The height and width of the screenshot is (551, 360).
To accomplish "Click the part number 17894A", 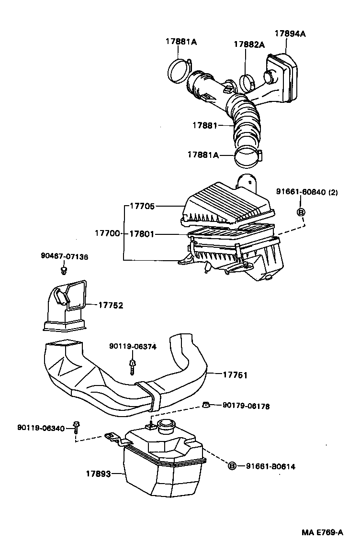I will click(x=290, y=33).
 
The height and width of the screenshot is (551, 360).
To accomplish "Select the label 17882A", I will click(x=249, y=44).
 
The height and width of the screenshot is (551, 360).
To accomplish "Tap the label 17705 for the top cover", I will click(x=142, y=207).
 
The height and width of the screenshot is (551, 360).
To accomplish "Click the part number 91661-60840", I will click(x=302, y=192).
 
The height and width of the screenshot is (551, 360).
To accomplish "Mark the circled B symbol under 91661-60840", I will click(x=302, y=212).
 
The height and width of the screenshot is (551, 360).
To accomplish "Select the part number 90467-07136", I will click(x=64, y=257).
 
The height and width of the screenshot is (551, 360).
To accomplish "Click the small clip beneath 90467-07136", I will click(x=63, y=271).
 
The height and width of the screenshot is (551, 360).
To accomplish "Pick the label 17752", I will click(x=111, y=305).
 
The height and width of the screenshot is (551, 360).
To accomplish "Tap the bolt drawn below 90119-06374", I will click(x=132, y=366).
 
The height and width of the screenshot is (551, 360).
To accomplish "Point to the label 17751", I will click(x=235, y=375).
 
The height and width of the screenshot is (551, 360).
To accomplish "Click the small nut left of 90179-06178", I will click(x=206, y=406).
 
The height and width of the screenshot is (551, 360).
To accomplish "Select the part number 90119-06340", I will click(x=41, y=428).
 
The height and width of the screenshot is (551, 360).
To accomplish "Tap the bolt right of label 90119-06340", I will click(x=76, y=427).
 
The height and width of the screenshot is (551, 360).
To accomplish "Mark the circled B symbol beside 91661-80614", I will click(x=232, y=466).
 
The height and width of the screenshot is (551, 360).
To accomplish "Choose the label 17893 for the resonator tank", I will click(x=99, y=474).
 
